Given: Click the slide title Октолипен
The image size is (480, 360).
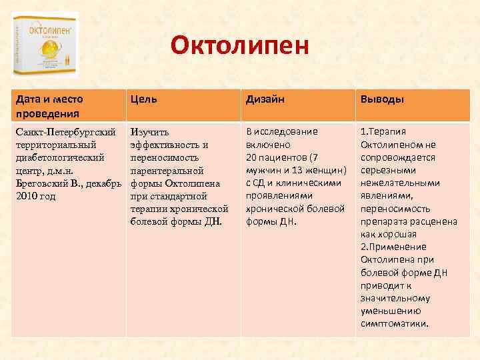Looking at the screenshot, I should pos(239,46).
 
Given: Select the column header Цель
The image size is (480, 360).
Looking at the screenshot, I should pos(144,99).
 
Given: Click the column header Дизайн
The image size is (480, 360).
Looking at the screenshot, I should pos(265,99).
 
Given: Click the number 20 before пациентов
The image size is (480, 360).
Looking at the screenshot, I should pos(252,157).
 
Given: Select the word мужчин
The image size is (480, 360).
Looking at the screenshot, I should pos(263,170).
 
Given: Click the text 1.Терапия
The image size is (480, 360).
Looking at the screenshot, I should pos(383,132).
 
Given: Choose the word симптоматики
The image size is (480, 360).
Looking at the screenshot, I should pos(394,323).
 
